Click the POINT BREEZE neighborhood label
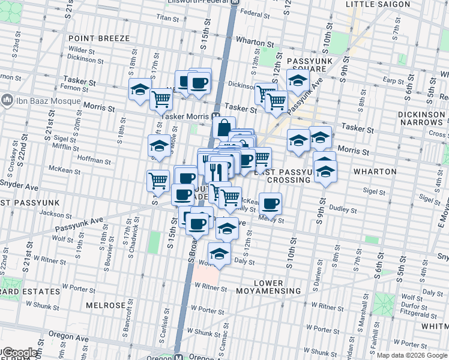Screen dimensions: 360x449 (x=99, y=38)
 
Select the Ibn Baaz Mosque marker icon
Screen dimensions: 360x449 (x=8, y=99)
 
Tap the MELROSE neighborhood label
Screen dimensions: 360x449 (x=105, y=305)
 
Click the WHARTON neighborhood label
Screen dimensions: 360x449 (x=375, y=172)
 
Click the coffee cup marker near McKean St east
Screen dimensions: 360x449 (x=270, y=203)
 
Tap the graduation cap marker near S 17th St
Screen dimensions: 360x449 (x=140, y=90)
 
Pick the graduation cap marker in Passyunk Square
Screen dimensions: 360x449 (x=298, y=80)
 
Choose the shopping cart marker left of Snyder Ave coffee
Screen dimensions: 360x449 (x=158, y=179)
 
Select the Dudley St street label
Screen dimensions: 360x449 (x=343, y=211)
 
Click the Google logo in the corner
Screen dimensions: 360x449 (x=20, y=353)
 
